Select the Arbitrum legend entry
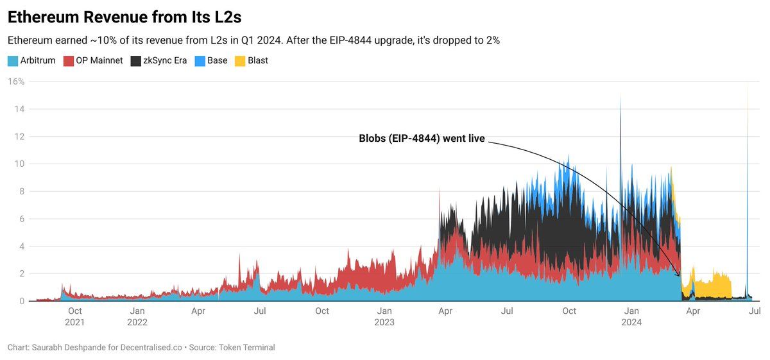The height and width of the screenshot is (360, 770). (x=31, y=61)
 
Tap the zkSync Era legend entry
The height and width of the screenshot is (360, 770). (x=160, y=61)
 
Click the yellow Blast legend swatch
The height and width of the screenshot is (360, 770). (x=239, y=61)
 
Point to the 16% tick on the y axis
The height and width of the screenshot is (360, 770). (x=16, y=81)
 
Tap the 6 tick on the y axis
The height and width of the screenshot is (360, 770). (x=21, y=219)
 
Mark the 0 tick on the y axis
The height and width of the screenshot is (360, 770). (x=21, y=301)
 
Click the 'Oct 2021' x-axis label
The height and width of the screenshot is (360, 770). (x=74, y=316)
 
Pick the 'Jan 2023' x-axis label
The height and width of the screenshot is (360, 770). (x=384, y=316)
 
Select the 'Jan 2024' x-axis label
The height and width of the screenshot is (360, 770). (x=631, y=316)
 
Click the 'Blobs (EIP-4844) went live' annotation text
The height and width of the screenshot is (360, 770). (x=422, y=138)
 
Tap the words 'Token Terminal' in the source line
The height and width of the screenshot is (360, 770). (x=246, y=347)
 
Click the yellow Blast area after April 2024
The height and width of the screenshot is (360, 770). (x=712, y=286)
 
